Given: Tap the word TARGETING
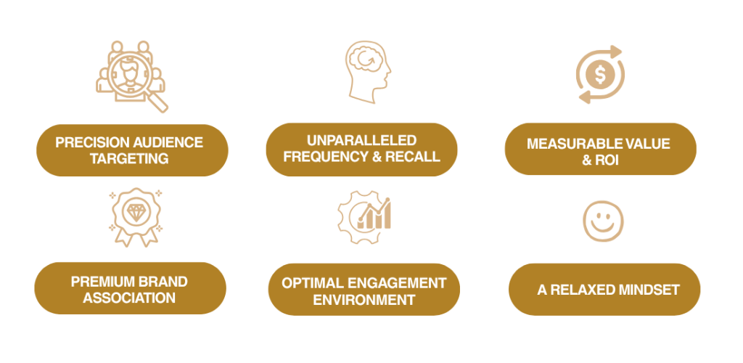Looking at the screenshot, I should pyautogui.click(x=130, y=158).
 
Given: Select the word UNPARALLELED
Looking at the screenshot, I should pyautogui.click(x=361, y=139).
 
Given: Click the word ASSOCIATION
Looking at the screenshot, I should pyautogui.click(x=129, y=298).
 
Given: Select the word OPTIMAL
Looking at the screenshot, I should pyautogui.click(x=311, y=282).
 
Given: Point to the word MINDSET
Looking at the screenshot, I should pyautogui.click(x=646, y=290).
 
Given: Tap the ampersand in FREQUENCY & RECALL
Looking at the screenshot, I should pyautogui.click(x=375, y=156).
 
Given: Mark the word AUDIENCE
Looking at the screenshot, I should pyautogui.click(x=163, y=142).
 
